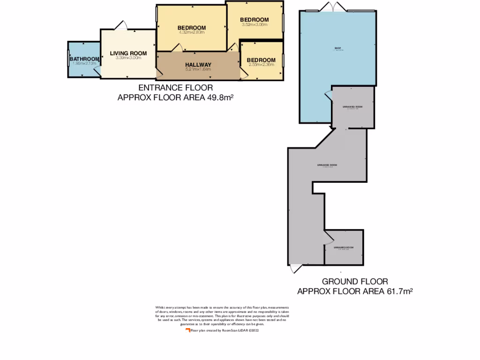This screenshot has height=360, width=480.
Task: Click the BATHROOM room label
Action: pos(84,59)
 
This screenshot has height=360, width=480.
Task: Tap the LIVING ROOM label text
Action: pos(128,53)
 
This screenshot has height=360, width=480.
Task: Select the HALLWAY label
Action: pos(198,65)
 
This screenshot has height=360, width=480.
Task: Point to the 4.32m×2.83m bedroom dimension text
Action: pos(191,33)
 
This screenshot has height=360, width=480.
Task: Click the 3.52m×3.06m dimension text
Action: pos(254,24)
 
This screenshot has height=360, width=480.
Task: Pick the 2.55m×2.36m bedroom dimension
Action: pos(261,65)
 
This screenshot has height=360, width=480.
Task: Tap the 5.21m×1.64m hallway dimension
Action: pos(198,69)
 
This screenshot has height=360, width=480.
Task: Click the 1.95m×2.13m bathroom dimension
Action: pos(84,63)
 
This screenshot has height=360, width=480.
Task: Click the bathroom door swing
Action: pos(97,71)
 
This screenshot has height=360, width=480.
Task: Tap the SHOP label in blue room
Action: pos(337,48)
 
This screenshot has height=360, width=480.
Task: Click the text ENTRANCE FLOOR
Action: pos(175,88)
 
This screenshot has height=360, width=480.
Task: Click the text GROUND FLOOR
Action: pos(354,282)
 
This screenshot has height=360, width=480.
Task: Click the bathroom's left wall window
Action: pos(68,59)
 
